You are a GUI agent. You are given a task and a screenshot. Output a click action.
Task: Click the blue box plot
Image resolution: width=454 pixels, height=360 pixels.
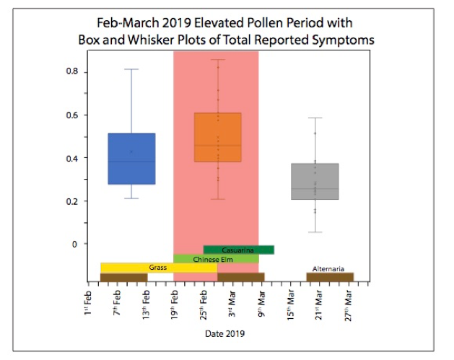tap(131, 159)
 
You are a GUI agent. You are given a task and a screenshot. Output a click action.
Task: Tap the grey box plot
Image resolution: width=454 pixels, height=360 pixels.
tap(315, 181)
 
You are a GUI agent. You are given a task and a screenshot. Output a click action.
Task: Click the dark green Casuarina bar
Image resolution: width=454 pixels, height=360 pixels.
tap(239, 250)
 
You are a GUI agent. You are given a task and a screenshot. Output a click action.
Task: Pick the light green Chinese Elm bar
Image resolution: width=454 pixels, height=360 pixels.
tap(216, 258)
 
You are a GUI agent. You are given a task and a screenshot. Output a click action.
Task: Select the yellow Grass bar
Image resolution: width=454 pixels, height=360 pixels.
tap(158, 268)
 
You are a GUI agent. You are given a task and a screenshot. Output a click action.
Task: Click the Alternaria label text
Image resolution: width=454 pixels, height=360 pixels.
tap(328, 268)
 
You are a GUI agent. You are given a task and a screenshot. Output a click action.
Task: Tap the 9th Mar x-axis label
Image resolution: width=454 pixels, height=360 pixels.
tap(262, 304)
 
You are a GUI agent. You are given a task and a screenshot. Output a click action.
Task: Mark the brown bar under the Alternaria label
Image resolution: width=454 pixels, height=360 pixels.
tap(329, 277)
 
